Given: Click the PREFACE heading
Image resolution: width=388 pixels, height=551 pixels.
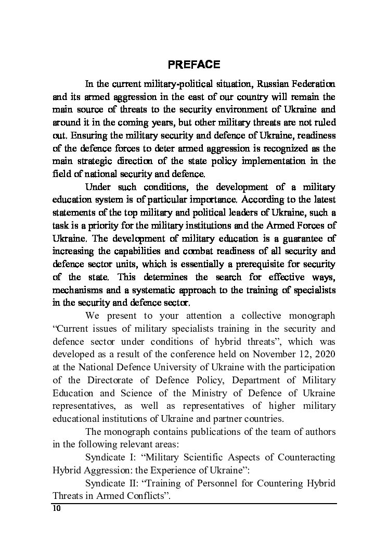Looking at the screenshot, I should [x=194, y=65].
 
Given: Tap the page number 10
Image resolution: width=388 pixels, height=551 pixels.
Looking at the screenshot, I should [x=57, y=509].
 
